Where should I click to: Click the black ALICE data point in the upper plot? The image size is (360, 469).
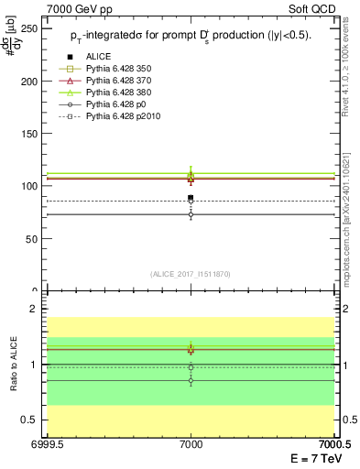(191, 198)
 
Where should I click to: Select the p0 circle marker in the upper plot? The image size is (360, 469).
(191, 214)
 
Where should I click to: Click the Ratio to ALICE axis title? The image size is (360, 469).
(13, 364)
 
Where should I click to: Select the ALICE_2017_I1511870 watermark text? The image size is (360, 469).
(191, 274)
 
